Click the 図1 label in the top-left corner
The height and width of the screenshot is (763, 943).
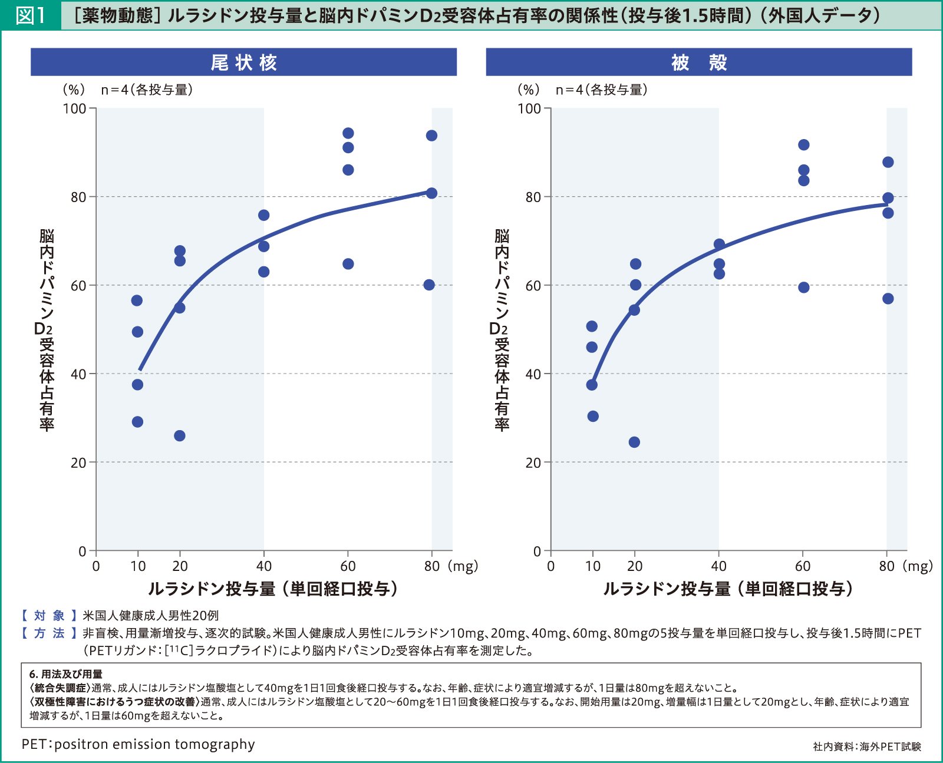coord(30,15)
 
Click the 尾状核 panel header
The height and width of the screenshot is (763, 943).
coord(243,62)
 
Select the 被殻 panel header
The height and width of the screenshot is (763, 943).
coord(698,62)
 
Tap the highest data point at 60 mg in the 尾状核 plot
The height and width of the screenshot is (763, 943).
coord(348,133)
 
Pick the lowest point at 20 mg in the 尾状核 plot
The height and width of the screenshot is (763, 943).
coord(180,436)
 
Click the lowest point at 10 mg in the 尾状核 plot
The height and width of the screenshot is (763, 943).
coord(137,422)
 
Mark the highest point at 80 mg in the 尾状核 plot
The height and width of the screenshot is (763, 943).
coord(431,136)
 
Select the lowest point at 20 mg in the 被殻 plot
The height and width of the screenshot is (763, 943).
coord(634,442)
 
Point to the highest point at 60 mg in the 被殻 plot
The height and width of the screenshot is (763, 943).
coord(804,145)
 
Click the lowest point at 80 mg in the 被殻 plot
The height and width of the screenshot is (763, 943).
coord(888,299)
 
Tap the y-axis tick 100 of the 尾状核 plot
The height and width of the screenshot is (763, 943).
coord(74,109)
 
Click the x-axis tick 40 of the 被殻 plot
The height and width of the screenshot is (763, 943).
coord(718,566)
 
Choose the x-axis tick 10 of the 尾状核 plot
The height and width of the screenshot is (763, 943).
coord(138,566)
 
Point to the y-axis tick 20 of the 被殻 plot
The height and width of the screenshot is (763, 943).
coord(533,463)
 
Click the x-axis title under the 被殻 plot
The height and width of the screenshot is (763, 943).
coord(728,589)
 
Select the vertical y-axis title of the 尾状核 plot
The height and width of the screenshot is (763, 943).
coord(46,330)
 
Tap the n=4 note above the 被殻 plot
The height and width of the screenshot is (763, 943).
coord(602,90)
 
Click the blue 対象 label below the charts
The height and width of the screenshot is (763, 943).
coord(50,616)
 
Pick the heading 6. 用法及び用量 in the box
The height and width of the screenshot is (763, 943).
coord(66,674)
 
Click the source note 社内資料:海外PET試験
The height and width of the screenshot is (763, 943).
coord(866,747)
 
